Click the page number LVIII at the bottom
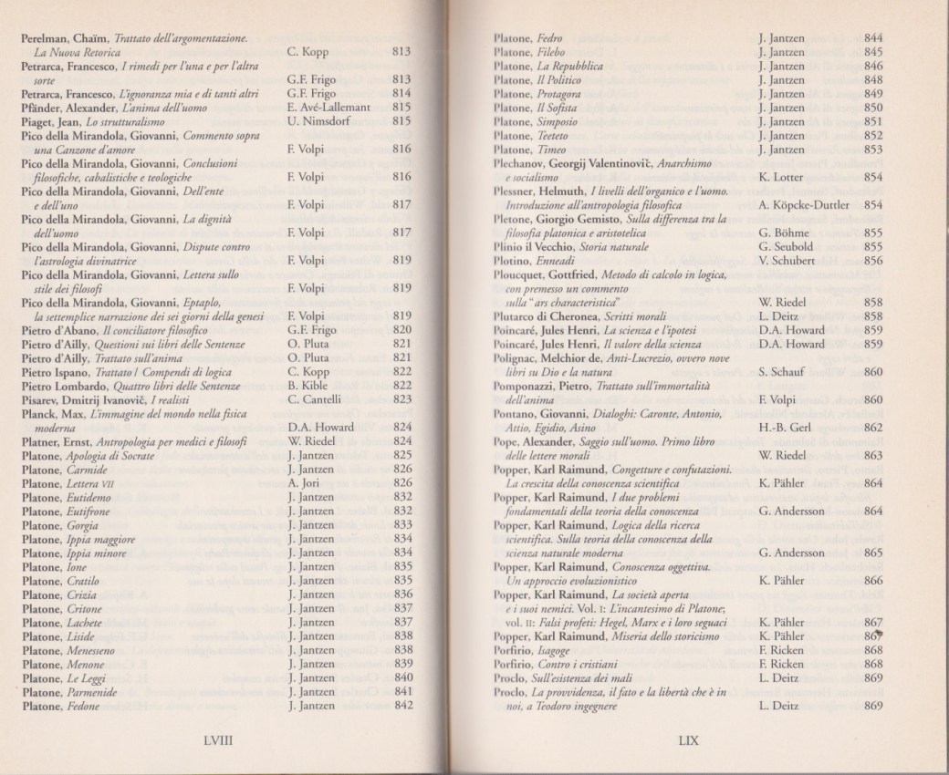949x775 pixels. pos(221,741)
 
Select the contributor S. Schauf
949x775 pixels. pos(783,370)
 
